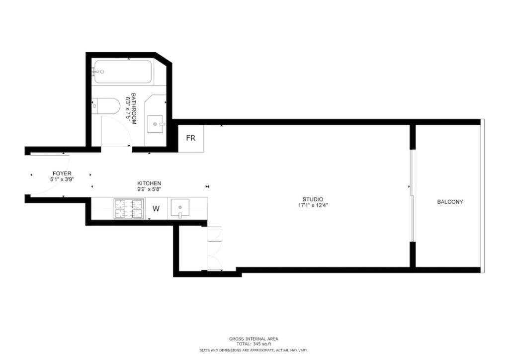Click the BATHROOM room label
(133, 109)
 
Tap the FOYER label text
(62, 174)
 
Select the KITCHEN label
(149, 183)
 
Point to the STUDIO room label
(313, 199)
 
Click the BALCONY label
(450, 201)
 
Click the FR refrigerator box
(191, 138)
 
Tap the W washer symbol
(156, 209)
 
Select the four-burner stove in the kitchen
(129, 208)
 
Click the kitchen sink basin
(180, 207)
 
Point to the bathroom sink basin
(156, 124)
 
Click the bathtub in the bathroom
(123, 72)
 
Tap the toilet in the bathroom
(106, 106)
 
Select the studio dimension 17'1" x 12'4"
(313, 205)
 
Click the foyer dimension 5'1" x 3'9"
(62, 179)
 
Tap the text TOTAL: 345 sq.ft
(254, 344)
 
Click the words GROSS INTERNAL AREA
(254, 339)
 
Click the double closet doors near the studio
(214, 248)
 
